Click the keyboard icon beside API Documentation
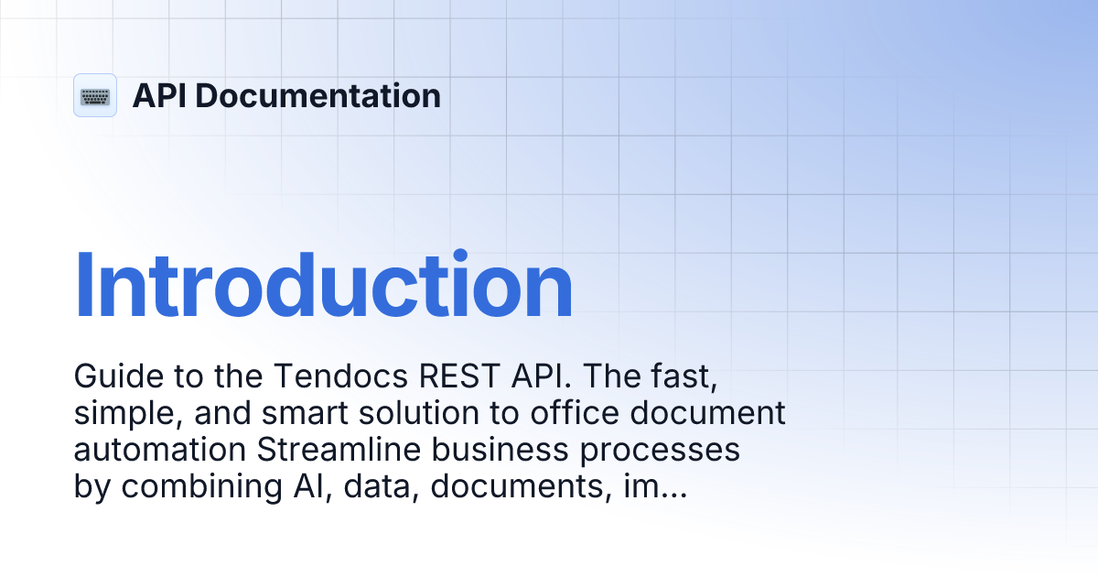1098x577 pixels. pyautogui.click(x=95, y=95)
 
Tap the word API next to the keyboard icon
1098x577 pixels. pyautogui.click(x=162, y=95)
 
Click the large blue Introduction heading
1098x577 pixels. pyautogui.click(x=323, y=286)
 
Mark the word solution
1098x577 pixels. pyautogui.click(x=426, y=413)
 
